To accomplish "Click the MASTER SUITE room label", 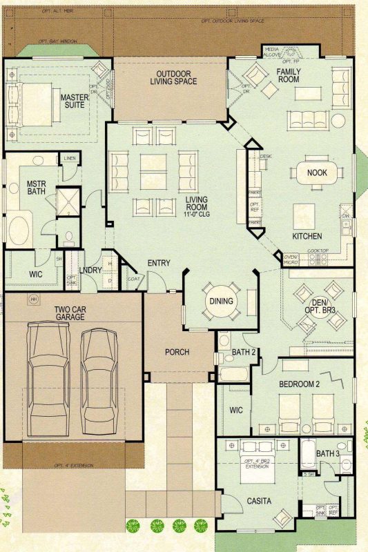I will pyautogui.click(x=75, y=101).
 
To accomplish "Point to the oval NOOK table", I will pyautogui.click(x=317, y=173).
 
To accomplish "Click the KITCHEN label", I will pyautogui.click(x=307, y=236).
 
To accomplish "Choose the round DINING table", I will pyautogui.click(x=221, y=302).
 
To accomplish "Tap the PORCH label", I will pyautogui.click(x=177, y=352).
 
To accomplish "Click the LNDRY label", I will pyautogui.click(x=91, y=270).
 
